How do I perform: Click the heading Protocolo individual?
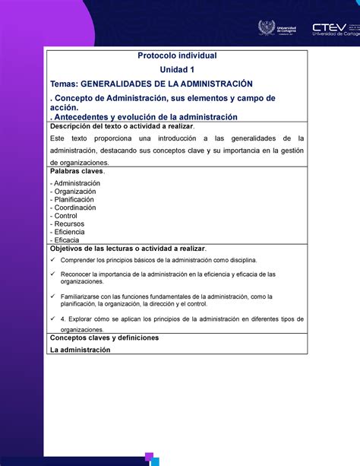coord(176,56)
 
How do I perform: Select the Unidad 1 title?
coord(176,69)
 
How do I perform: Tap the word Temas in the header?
coord(64,83)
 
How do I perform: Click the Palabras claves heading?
coord(76,172)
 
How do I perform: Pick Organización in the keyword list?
coord(74,192)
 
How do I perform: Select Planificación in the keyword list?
coord(74,200)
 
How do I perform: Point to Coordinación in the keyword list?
coord(74,208)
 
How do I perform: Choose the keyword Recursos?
coord(69,224)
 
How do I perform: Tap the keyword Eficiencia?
coord(70,232)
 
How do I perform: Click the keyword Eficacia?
coord(67,240)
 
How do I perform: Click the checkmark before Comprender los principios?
coord(52,260)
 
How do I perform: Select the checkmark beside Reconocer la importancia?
coord(52,274)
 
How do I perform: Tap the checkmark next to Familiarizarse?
coord(52,296)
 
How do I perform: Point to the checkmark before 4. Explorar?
coord(52,319)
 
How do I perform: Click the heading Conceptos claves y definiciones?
coord(103,338)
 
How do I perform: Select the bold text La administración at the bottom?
coord(80,350)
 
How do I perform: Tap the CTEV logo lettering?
coord(327,24)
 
